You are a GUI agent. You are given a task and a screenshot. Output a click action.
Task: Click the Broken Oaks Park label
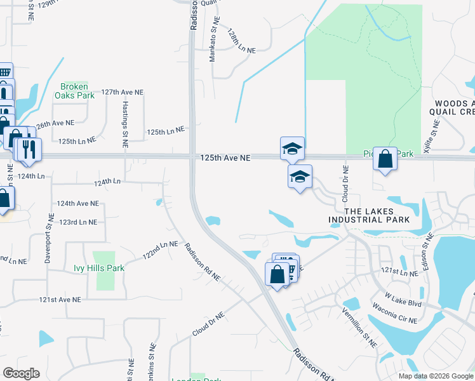[x=77, y=91]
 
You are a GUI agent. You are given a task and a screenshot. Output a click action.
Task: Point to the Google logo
[x=21, y=373]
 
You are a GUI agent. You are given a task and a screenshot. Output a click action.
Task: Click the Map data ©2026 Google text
[x=436, y=376]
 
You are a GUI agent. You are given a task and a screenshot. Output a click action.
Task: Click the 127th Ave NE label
[x=123, y=92]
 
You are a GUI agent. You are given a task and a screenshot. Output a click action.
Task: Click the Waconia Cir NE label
[x=395, y=316]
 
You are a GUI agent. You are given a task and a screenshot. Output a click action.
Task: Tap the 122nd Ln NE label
[x=159, y=249]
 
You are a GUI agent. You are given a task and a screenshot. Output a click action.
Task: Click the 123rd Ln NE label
[x=78, y=222]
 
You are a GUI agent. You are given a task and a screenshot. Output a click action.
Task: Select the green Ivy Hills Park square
[x=105, y=279]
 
